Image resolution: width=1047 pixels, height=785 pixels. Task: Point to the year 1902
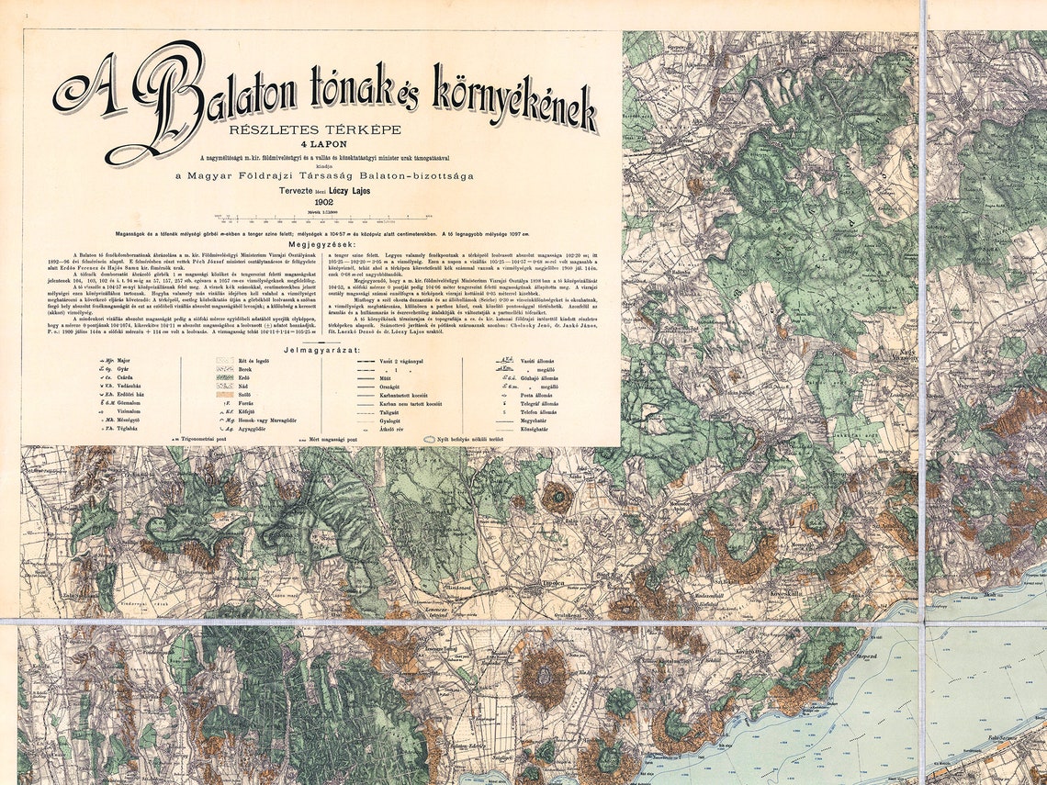point(322,201)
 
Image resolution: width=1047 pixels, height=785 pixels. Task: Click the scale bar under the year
point(322,218)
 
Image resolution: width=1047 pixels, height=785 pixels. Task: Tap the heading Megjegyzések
point(322,245)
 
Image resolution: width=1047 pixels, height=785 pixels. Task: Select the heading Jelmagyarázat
point(322,350)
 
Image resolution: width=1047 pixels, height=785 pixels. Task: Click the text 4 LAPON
point(322,143)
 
